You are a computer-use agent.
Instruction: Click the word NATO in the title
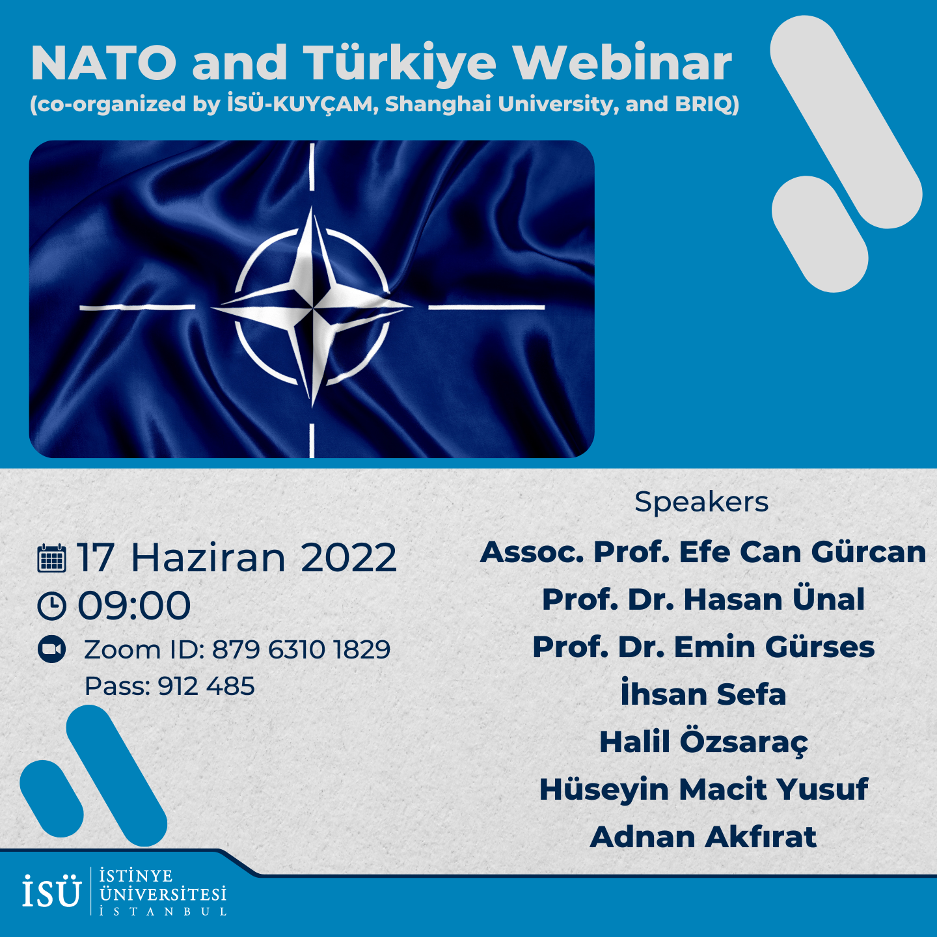[x=103, y=63]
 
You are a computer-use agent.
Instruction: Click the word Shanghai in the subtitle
[x=438, y=105]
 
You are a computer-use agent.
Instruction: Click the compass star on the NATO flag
[x=312, y=307]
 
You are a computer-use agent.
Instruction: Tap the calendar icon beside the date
[x=51, y=558]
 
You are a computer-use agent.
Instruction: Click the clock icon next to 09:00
[x=51, y=606]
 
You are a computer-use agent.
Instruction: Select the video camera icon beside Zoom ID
[x=51, y=649]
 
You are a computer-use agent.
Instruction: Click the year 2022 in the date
[x=348, y=558]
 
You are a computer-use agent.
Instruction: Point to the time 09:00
[x=134, y=606]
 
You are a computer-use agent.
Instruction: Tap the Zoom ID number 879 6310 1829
[x=301, y=649]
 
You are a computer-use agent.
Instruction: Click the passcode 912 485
[x=206, y=686]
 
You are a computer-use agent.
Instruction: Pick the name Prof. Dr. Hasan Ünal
[x=703, y=599]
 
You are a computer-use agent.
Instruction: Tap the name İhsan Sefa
[x=703, y=693]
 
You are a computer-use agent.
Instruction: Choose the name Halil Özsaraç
[x=703, y=742]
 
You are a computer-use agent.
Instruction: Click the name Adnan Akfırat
[x=703, y=837]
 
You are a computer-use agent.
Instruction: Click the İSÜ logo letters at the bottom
[x=51, y=890]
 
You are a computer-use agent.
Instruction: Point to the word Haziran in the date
[x=208, y=558]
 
